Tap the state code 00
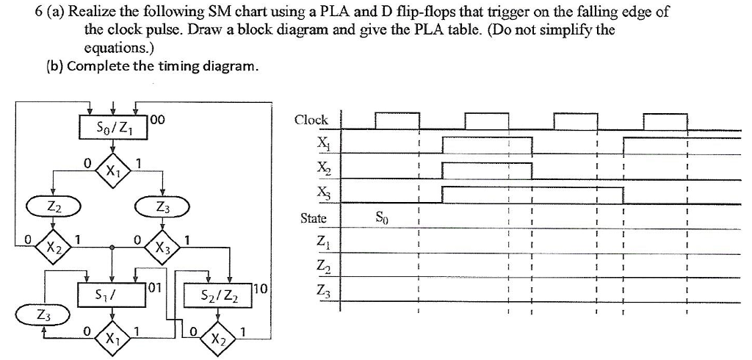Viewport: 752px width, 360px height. pos(159,119)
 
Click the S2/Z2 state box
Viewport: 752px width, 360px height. pos(218,295)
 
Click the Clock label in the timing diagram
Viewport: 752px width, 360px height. pos(311,120)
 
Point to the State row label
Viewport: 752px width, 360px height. pos(314,218)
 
